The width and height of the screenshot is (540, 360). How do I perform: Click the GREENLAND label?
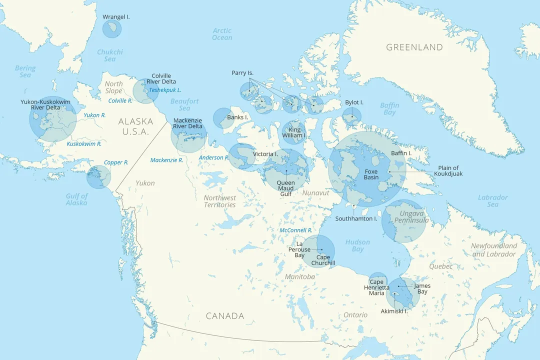(414, 47)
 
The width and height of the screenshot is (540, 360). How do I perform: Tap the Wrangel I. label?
(116, 17)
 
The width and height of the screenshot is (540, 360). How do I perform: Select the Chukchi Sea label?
(109, 55)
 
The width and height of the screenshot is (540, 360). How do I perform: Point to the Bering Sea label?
(25, 71)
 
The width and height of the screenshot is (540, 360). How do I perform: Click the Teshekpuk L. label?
(165, 90)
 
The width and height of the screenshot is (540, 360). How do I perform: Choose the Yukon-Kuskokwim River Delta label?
(45, 104)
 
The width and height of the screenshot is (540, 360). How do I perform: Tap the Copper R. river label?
(116, 162)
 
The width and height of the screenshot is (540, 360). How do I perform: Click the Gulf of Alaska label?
(76, 199)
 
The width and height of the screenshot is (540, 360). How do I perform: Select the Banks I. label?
(237, 117)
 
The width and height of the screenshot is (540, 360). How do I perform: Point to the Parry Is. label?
(242, 73)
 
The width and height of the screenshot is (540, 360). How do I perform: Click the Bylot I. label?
(354, 102)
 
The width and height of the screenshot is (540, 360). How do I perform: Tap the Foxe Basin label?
(371, 174)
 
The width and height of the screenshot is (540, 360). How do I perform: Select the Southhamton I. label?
(356, 218)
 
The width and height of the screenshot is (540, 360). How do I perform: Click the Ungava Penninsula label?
(404, 217)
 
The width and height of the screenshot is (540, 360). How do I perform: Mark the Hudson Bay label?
(357, 245)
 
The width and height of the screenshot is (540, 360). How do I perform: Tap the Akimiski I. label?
(394, 311)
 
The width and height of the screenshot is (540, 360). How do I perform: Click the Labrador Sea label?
(492, 200)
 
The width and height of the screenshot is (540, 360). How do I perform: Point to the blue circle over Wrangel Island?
(111, 28)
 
